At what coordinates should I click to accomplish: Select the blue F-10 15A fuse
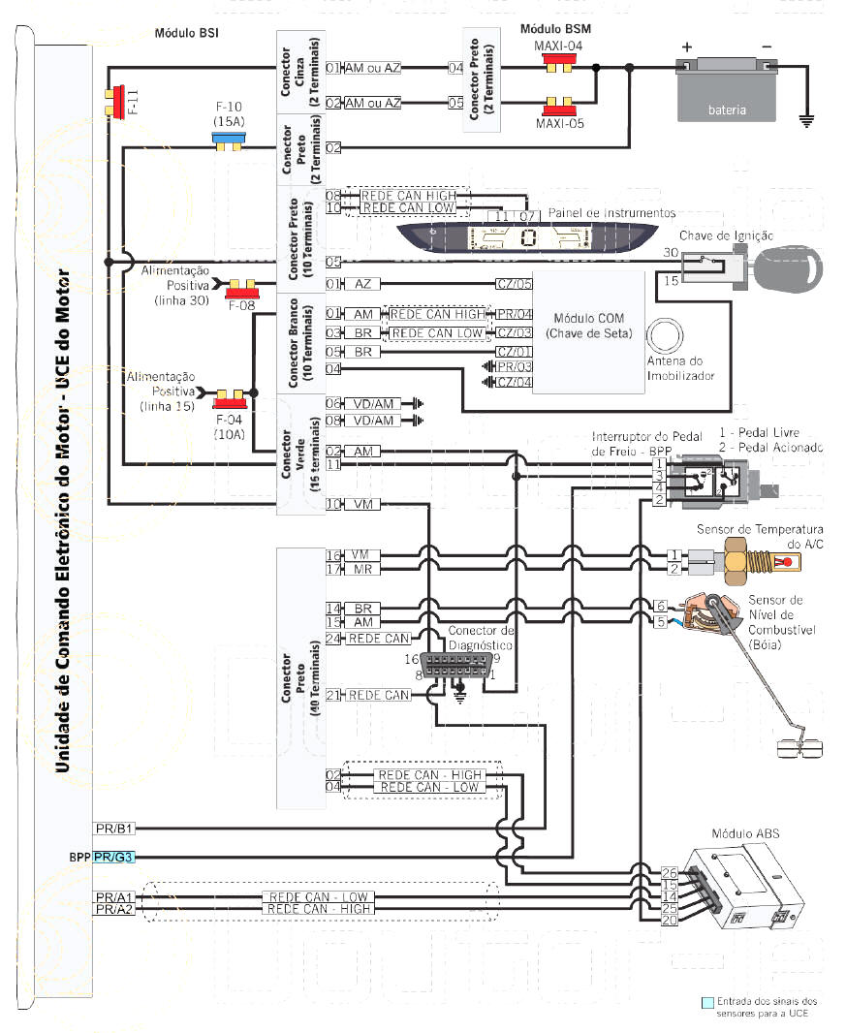[228, 141]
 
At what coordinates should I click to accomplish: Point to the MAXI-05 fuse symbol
[557, 105]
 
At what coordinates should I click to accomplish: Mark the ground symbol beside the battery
[804, 122]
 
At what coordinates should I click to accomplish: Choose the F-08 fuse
[238, 290]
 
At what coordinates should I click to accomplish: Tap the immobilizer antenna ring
[667, 336]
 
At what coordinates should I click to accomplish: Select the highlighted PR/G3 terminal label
[114, 857]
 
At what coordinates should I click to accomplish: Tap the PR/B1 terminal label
[114, 829]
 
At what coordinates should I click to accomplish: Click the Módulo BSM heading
[555, 29]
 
